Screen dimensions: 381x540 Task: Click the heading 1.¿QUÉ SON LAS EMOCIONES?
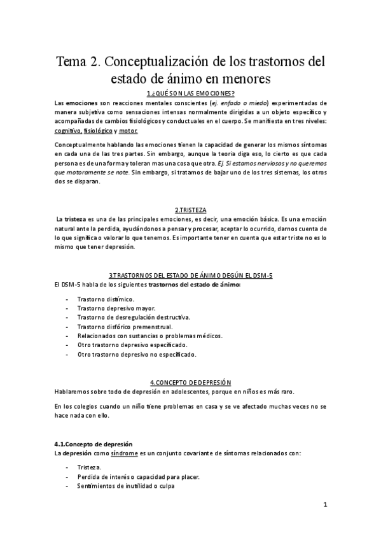190,94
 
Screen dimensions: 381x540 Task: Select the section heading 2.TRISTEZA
190,210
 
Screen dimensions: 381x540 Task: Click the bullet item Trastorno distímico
106,299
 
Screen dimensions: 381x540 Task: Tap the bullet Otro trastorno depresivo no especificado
137,354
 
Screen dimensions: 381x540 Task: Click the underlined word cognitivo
67,130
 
